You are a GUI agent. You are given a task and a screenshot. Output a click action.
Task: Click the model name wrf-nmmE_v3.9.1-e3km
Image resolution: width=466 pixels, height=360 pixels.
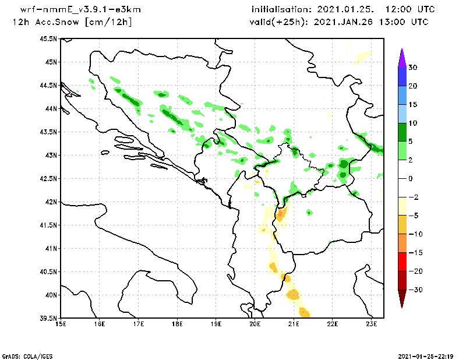80,10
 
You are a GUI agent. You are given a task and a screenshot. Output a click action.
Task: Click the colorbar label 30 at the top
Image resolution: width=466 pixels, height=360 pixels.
412,68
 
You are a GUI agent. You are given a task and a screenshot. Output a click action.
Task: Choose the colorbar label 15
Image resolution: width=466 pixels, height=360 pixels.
412,105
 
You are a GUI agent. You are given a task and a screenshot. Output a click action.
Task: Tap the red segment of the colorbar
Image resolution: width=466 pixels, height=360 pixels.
401,262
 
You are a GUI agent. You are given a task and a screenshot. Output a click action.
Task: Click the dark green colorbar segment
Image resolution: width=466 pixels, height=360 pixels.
401,132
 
